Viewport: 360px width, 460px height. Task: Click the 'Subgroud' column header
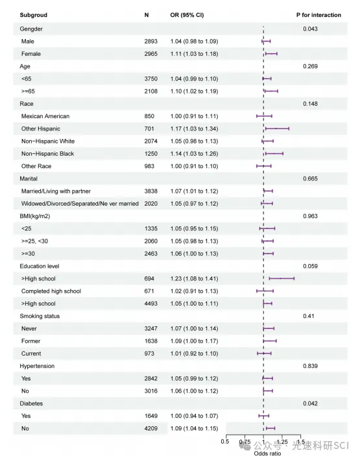coord(34,15)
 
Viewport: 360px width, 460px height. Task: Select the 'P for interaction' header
coord(318,15)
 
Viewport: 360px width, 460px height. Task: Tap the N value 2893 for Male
coord(150,42)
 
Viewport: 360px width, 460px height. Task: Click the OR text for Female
coord(194,54)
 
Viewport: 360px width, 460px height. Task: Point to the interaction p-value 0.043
coord(311,29)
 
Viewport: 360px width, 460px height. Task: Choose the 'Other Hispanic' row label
coord(41,128)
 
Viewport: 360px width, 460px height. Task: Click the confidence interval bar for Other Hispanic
coord(277,128)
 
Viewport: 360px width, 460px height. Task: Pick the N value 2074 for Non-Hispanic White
coord(150,141)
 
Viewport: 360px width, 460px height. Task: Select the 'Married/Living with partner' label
coord(56,191)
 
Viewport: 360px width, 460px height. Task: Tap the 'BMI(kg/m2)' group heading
coord(35,216)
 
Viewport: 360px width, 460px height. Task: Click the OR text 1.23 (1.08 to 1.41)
coord(194,278)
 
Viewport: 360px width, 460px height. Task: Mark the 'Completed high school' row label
coord(51,291)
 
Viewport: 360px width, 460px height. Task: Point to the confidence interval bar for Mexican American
coord(264,116)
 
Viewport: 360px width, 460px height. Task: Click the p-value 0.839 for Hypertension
coord(311,366)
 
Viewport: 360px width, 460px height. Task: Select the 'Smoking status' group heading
coord(40,316)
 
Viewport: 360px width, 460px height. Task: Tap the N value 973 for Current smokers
coord(149,354)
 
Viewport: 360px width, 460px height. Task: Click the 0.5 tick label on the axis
coord(225,442)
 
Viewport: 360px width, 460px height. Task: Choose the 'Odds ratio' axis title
coord(267,454)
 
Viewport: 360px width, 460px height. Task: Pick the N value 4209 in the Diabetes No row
coord(150,428)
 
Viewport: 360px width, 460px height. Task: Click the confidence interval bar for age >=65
coord(270,91)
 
